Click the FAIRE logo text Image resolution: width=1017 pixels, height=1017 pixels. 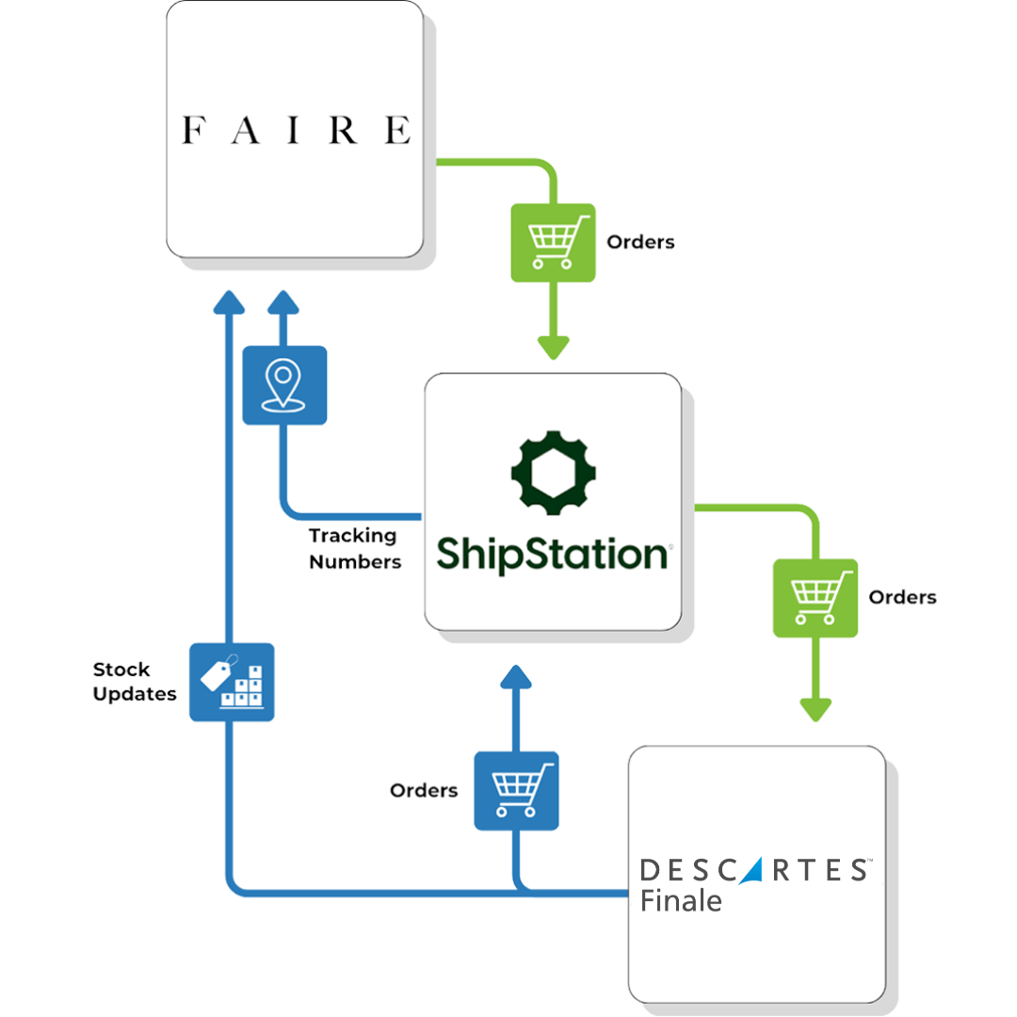point(296,130)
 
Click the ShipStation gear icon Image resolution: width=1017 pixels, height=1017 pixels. point(554,468)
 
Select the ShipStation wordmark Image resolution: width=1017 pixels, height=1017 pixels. point(553,554)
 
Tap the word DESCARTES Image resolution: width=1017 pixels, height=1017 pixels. point(752,870)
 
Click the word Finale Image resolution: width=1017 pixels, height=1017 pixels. point(681,900)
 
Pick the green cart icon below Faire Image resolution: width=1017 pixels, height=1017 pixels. point(553,242)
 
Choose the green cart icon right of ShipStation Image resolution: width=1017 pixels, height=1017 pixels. point(815,598)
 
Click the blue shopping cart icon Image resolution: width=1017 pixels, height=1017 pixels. point(516,790)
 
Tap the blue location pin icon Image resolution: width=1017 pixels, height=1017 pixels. point(284,385)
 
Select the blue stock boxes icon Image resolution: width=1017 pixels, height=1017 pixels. point(232,682)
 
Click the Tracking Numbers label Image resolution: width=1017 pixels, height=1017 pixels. point(354,549)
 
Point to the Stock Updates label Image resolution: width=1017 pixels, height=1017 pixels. point(135,682)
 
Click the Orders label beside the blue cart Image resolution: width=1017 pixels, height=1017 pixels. point(424,790)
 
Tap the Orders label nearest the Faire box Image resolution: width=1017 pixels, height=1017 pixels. point(640,242)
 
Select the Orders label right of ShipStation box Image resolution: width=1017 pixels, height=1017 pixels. point(902,597)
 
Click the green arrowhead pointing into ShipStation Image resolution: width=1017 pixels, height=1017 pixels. point(554,347)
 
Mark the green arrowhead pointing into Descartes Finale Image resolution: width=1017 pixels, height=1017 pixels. point(815,707)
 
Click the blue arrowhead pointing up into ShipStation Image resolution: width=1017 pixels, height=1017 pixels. point(516,678)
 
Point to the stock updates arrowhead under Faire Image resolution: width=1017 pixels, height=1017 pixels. point(229,301)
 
